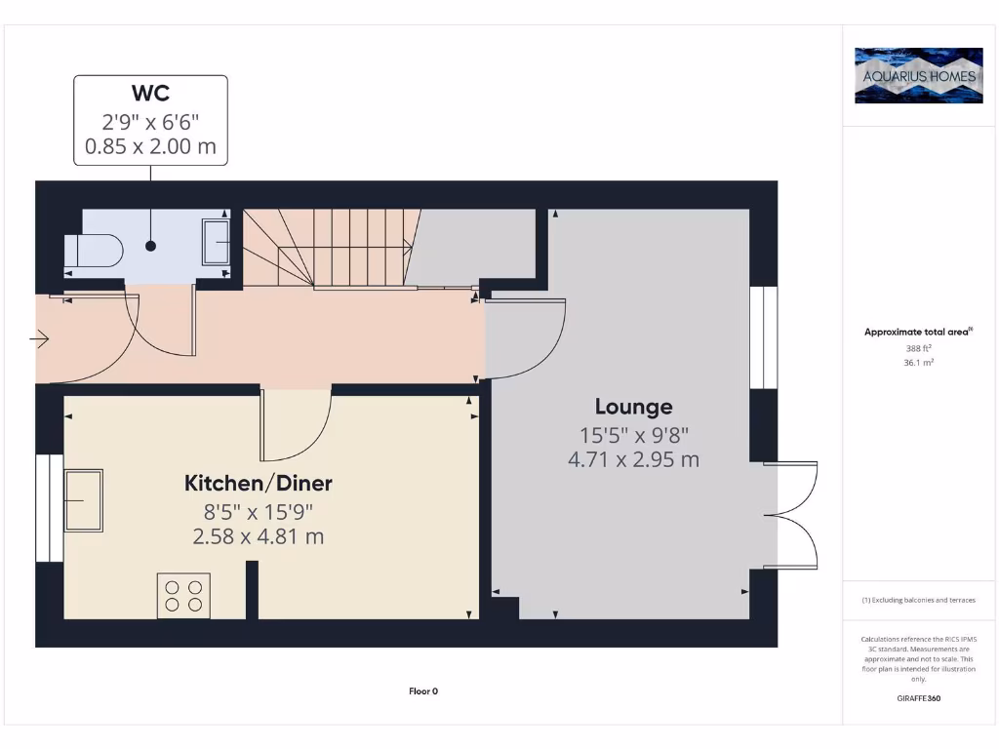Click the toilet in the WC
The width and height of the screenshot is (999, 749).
click(x=94, y=251)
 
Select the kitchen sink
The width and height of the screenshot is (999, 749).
click(x=84, y=499)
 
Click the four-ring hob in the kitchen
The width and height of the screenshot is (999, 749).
click(x=183, y=595)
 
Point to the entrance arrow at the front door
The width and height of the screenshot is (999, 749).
click(x=40, y=339)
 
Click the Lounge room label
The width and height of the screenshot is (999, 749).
click(x=634, y=407)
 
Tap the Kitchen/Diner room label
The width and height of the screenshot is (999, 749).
click(x=259, y=483)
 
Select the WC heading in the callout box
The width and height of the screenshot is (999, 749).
click(x=150, y=94)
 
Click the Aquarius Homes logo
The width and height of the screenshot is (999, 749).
click(x=918, y=75)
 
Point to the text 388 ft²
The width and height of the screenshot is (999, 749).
click(x=917, y=348)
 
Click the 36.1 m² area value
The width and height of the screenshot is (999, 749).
click(x=917, y=362)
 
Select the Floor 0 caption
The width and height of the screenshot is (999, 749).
click(x=423, y=691)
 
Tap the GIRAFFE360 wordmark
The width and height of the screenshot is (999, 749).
click(x=917, y=698)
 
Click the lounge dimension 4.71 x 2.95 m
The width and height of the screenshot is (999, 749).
click(x=634, y=459)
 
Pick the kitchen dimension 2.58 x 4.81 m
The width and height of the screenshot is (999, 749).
click(x=259, y=536)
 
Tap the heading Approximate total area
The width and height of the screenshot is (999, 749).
click(x=917, y=333)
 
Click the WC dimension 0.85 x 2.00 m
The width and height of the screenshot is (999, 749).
click(x=150, y=149)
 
